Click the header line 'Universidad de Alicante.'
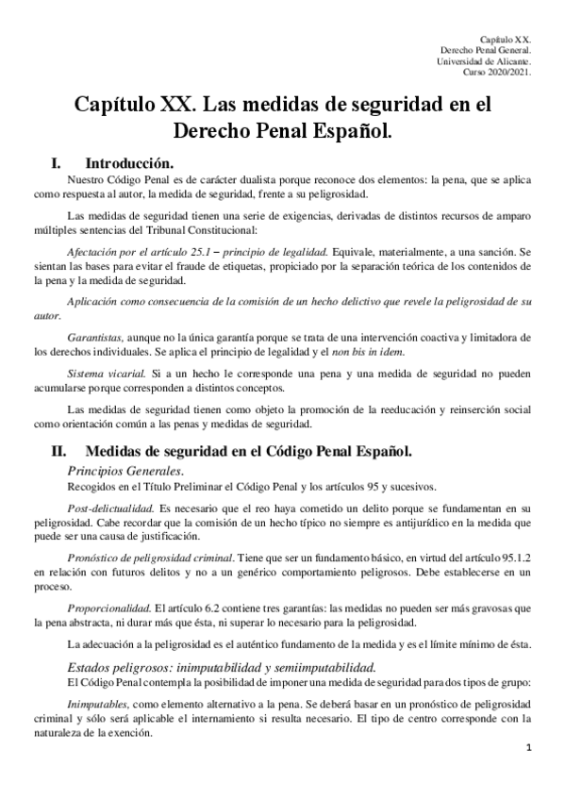click(485, 61)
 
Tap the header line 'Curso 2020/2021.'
click(498, 73)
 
